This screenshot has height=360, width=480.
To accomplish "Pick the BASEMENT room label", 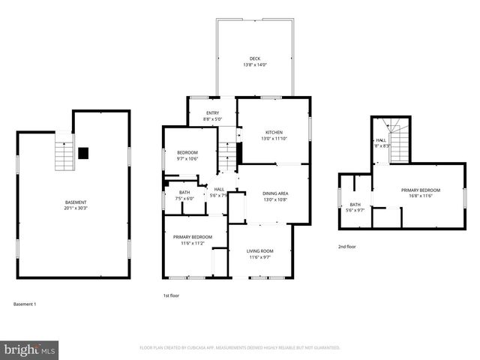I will click(x=75, y=202).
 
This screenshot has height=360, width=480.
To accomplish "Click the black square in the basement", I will click(x=83, y=152).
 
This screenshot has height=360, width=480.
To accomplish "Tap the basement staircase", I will click(x=64, y=156).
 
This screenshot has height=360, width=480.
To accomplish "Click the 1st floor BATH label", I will click(x=184, y=193).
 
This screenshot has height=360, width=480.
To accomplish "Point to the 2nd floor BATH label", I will click(x=355, y=205).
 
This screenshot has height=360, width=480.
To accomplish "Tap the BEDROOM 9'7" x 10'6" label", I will click(x=176, y=152).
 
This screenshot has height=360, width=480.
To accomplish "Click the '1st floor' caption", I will click(x=172, y=295).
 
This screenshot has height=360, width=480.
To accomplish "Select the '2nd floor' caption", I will click(x=346, y=246).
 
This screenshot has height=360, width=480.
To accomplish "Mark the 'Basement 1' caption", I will click(x=25, y=304).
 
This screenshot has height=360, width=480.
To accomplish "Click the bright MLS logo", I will click(x=31, y=349).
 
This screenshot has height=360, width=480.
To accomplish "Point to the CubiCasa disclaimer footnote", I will click(x=239, y=348).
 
